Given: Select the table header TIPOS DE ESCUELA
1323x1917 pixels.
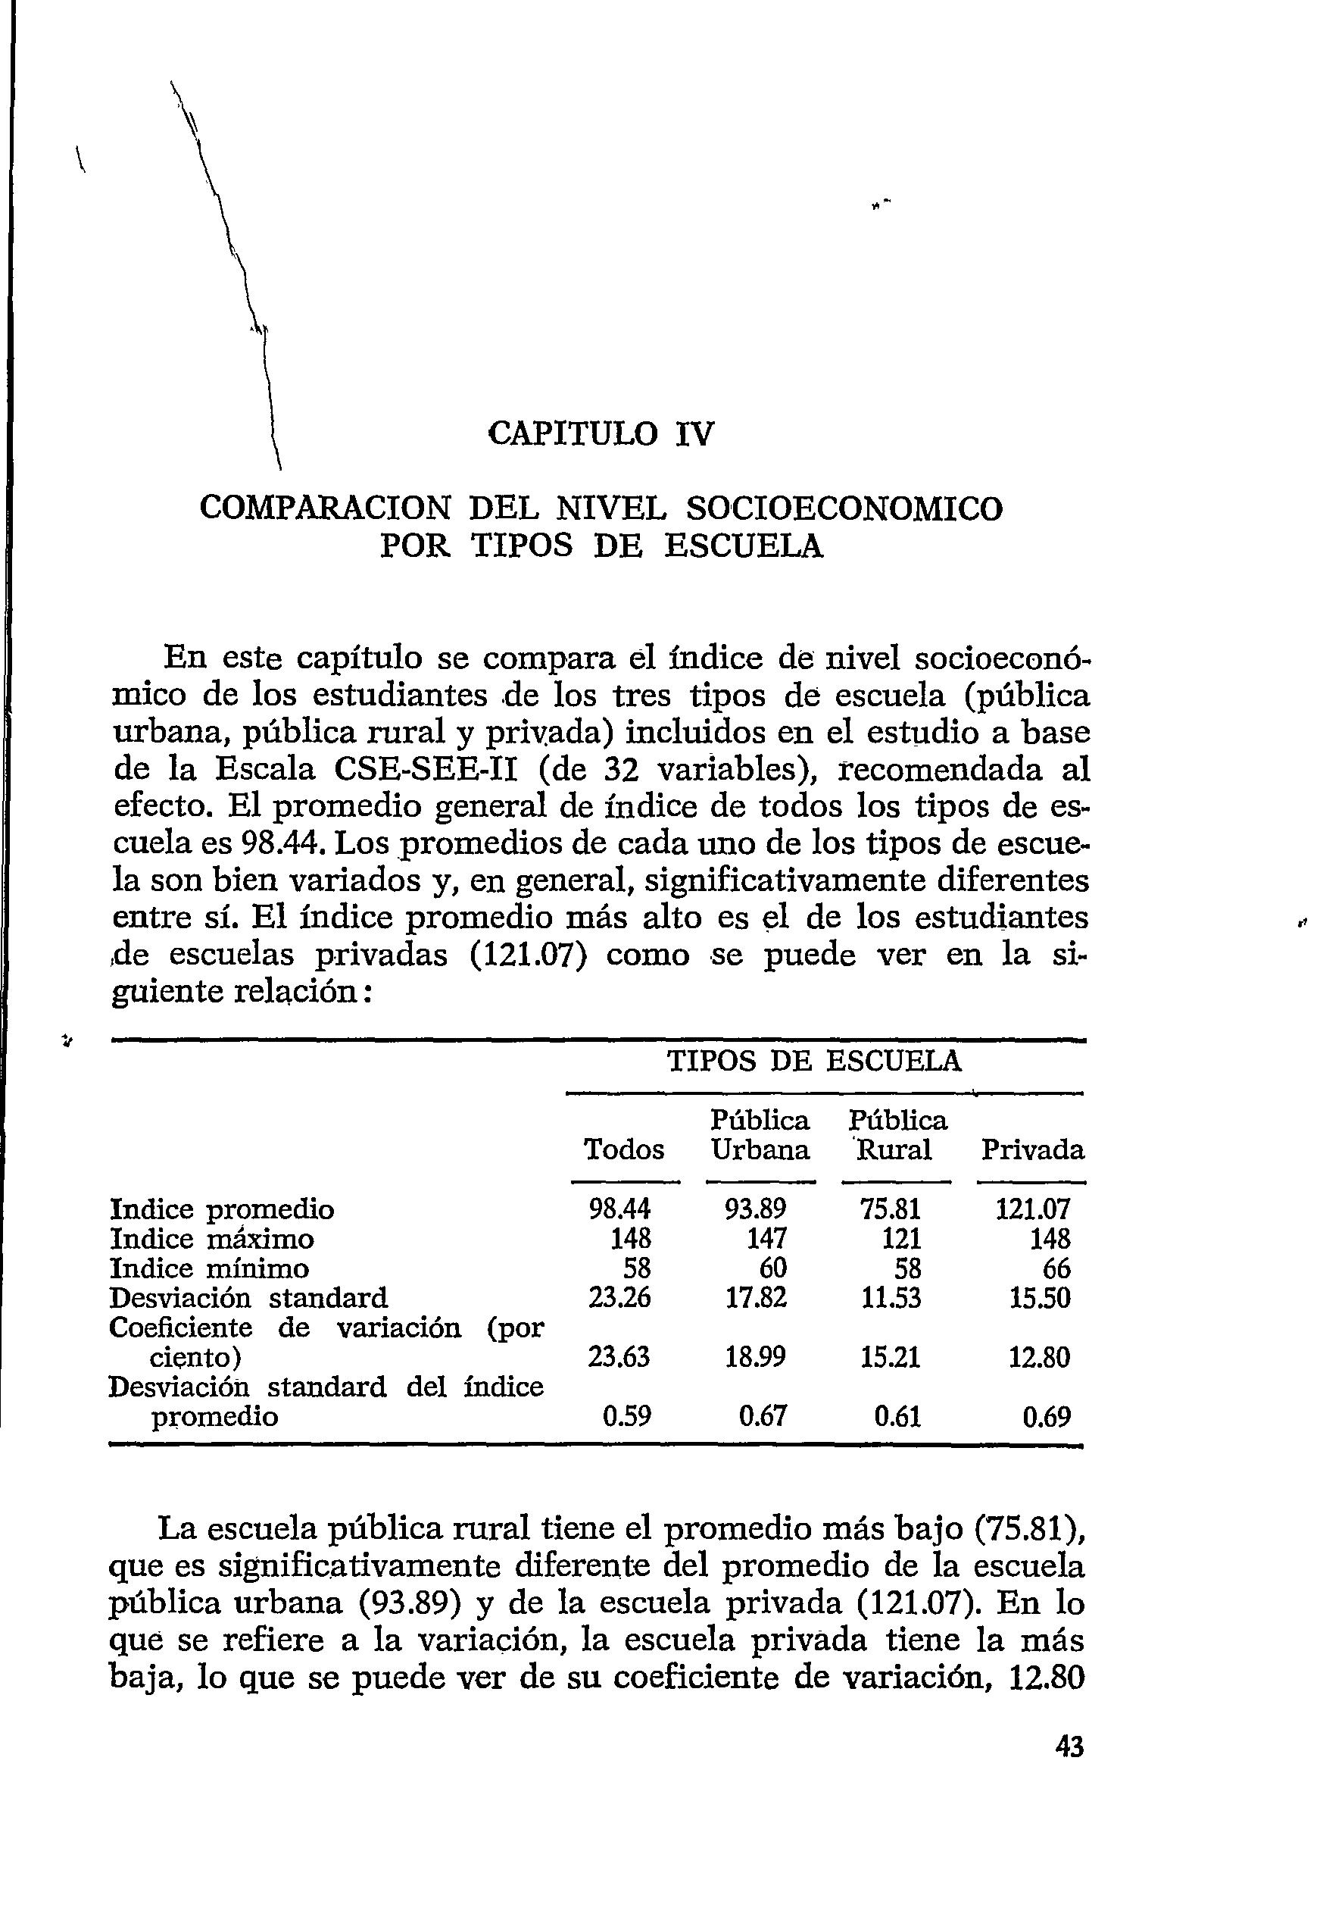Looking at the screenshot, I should click(814, 1061).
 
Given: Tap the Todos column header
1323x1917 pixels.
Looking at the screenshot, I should click(624, 1150).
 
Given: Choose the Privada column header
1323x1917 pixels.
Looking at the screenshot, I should click(1032, 1150).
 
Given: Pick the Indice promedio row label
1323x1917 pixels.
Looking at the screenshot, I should click(222, 1210).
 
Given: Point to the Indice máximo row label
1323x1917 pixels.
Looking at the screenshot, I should click(212, 1240).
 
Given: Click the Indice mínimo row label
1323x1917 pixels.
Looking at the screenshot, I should click(210, 1268).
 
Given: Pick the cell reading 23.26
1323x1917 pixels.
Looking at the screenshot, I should click(619, 1298).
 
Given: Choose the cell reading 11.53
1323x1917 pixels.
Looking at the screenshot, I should click(891, 1298).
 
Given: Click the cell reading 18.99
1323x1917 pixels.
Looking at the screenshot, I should click(755, 1357).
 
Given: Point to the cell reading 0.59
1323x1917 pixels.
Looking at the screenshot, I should click(627, 1416).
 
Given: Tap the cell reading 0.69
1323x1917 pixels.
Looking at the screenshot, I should click(1046, 1416).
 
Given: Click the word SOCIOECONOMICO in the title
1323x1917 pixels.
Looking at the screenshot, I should click(844, 508).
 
